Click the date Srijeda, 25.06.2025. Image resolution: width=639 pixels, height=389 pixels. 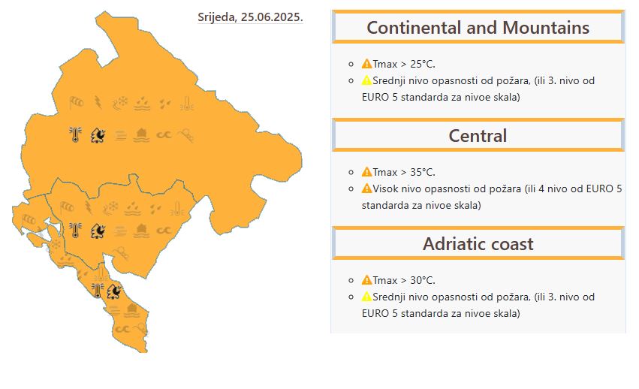(250, 17)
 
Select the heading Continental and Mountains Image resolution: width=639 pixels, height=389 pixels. (478, 28)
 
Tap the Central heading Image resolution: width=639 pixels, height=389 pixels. (478, 136)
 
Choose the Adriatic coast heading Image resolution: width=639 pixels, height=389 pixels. (478, 244)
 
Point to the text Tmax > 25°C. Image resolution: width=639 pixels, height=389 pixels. (404, 64)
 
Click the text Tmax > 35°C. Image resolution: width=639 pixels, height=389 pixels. (404, 172)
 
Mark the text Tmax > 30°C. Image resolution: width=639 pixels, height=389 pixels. (404, 280)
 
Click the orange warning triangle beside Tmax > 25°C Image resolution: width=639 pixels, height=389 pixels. (366, 64)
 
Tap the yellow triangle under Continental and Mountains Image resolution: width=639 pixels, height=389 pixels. (366, 80)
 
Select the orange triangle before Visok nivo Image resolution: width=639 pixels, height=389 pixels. (366, 188)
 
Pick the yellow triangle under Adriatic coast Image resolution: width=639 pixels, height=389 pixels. (366, 297)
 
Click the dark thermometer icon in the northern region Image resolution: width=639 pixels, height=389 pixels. (75, 134)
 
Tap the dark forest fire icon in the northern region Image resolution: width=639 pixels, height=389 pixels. (98, 135)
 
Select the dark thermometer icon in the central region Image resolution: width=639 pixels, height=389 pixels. (75, 231)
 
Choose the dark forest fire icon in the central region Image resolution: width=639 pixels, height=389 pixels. (98, 231)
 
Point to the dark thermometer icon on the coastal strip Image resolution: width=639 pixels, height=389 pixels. (98, 291)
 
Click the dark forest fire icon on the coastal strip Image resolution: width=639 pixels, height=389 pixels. (115, 291)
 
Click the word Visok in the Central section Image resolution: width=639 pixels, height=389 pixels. (385, 188)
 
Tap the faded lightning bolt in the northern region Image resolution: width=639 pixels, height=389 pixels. (98, 102)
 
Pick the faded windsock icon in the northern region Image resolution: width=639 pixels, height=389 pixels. (76, 103)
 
